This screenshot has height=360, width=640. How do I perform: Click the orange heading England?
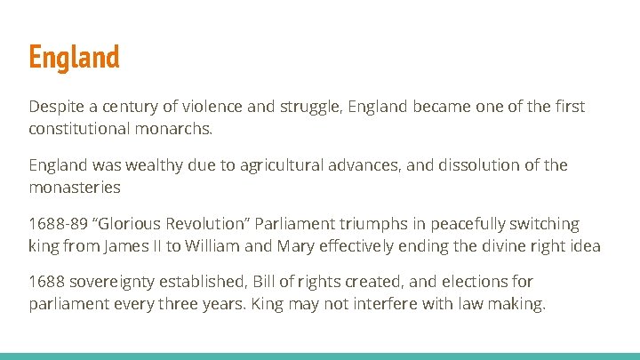tap(74, 58)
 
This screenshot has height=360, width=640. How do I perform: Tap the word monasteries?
tap(74, 187)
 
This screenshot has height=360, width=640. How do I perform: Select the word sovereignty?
tap(115, 283)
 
